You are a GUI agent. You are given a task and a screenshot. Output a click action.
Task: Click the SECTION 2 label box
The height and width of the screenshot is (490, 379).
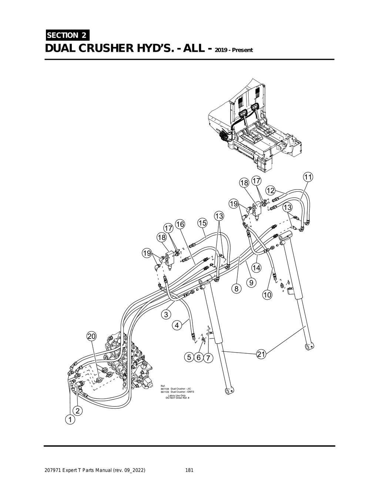tap(67, 35)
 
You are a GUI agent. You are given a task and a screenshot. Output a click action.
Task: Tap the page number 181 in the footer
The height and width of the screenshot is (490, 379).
tap(189, 470)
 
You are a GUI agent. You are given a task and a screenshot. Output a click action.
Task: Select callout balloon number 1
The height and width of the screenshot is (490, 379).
tap(69, 420)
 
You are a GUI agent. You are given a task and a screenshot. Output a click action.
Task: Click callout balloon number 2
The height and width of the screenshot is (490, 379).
tap(78, 411)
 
